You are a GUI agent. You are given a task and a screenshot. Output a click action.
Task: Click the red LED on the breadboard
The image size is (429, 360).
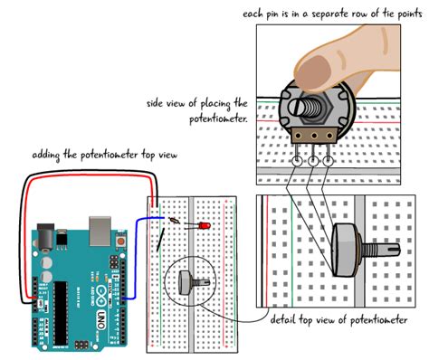205,223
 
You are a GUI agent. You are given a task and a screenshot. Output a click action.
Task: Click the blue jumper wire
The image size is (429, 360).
132,262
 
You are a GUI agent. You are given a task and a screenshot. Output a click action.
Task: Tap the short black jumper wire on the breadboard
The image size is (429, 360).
161,240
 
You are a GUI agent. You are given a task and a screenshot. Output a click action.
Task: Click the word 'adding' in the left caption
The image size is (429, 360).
47,155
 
